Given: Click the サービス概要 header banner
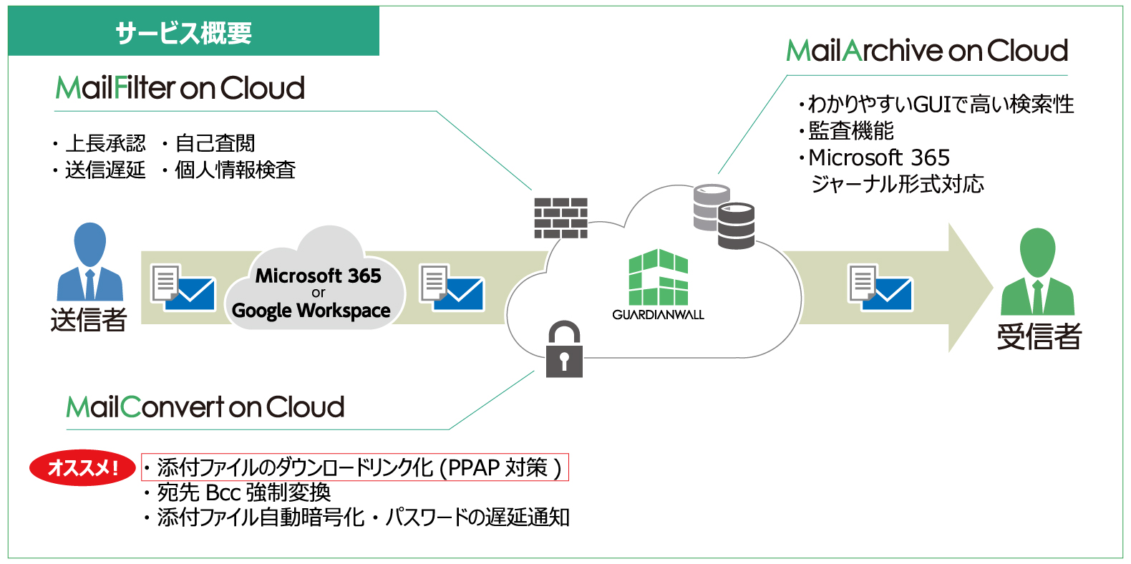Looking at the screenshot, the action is coord(193,31).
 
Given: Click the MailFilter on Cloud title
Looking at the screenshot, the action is coord(180,88).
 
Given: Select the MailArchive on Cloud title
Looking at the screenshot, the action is coord(927,51).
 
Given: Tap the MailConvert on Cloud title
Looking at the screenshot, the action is coord(205,407).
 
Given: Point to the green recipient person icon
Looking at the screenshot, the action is coord(1038,272).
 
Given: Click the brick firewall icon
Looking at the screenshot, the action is coord(560,218).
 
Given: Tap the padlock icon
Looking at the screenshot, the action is coord(564,349).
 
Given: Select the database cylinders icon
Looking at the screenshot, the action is coord(724,217).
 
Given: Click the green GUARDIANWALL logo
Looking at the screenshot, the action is coord(658,284).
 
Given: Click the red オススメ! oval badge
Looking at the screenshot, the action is coord(82,467).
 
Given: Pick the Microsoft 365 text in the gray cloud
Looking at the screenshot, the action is coord(318,276).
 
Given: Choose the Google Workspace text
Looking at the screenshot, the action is coord(311,311).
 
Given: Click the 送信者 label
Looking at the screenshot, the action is coord(89,319).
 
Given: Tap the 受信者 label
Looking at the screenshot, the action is coord(1039,336).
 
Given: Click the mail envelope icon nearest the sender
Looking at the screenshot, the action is coord(183,288).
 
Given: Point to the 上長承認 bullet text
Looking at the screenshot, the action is coord(105,143).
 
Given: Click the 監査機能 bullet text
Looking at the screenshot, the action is coord(851,131).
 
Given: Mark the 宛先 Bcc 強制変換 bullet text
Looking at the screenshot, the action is coord(244,492).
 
